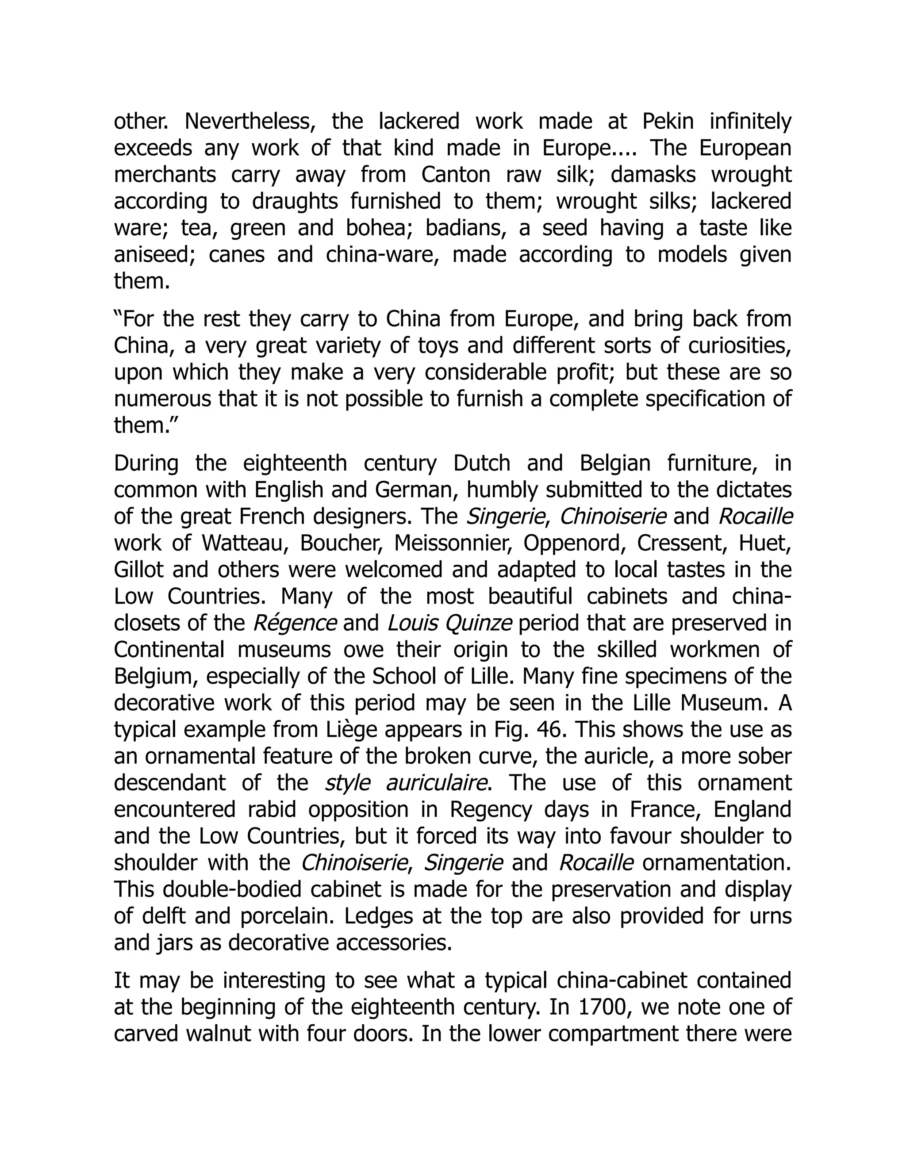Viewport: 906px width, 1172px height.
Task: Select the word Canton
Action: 456,175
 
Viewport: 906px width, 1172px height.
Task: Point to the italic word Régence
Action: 295,623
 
